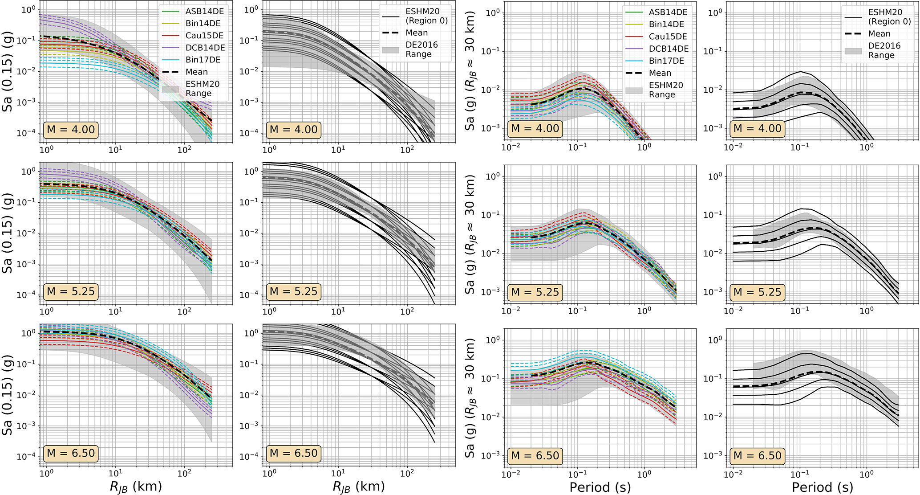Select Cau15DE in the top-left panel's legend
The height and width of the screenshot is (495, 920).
click(x=204, y=36)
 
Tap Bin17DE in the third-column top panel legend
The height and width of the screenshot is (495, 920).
click(x=666, y=61)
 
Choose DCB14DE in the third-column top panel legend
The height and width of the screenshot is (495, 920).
click(x=669, y=49)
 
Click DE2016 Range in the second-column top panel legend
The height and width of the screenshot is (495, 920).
click(x=421, y=49)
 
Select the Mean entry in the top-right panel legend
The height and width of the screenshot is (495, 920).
click(x=879, y=34)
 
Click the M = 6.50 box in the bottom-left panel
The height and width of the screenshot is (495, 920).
click(x=71, y=454)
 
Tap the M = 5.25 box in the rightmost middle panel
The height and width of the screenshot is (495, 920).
click(x=758, y=292)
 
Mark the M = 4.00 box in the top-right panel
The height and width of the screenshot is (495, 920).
click(x=758, y=129)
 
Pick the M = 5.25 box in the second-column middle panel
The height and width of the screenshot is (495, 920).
click(x=294, y=291)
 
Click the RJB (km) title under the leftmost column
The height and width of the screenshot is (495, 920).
click(x=136, y=487)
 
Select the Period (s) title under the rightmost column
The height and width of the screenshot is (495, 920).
click(x=823, y=487)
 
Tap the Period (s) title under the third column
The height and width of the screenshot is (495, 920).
click(x=600, y=487)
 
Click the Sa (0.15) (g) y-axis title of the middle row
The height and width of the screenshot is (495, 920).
click(x=7, y=233)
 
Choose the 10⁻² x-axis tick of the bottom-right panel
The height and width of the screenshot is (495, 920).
click(x=733, y=474)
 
